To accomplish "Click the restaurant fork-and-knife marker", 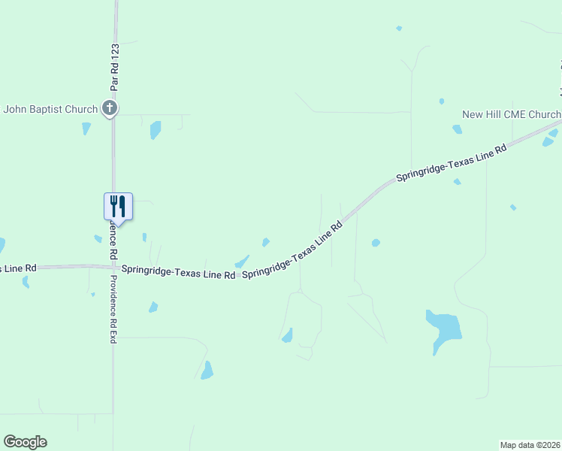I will tap(118, 204).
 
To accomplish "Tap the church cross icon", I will tap(110, 108).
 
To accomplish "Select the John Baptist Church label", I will tap(50, 109).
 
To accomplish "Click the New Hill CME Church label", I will tap(511, 114).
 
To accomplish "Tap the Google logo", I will tap(25, 442).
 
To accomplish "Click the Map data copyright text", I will tap(530, 444).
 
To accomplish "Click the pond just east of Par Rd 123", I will tap(156, 129).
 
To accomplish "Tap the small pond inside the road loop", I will tap(287, 336).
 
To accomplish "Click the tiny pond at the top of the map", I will tap(399, 29).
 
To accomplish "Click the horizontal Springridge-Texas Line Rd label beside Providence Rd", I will tap(178, 271).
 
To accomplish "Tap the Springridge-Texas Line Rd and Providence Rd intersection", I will tap(113, 267).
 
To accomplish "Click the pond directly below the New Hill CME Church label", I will tap(457, 129).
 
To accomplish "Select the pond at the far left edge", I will tap(2, 245).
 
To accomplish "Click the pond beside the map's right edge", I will tap(550, 138).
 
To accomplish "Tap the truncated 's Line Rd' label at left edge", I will tap(18, 268).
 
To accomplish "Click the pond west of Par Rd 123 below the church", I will tap(86, 128).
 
